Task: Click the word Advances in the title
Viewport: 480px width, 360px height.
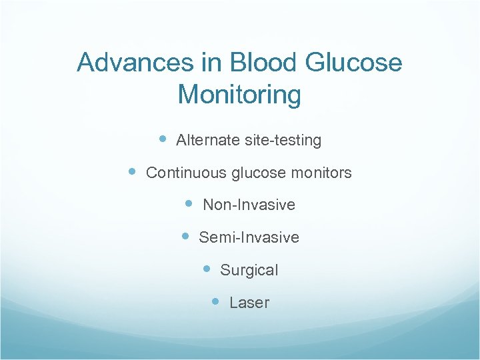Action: pos(135,63)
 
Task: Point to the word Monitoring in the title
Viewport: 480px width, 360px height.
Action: pos(239,95)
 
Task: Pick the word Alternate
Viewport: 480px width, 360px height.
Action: pos(206,141)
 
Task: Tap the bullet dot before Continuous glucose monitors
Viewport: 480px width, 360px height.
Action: pos(132,171)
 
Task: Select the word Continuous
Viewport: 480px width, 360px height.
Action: pos(186,173)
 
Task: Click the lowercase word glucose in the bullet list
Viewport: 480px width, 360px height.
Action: pos(258,173)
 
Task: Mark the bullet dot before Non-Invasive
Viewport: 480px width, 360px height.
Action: pos(189,203)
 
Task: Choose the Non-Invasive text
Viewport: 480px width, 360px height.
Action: pos(249,205)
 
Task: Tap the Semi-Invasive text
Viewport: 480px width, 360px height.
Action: pos(249,237)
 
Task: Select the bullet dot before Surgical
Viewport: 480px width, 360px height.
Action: pos(207,269)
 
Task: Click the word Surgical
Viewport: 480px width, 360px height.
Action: pos(249,270)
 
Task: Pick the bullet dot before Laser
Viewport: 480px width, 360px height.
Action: pos(215,301)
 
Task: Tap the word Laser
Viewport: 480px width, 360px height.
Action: pos(249,303)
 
